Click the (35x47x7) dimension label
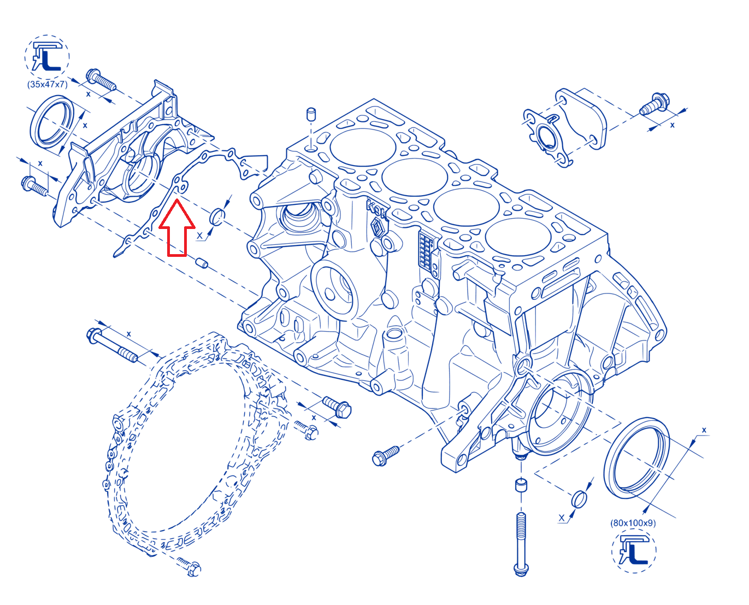coord(47,84)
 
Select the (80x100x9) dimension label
coord(633,523)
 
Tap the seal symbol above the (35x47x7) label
coord(47,57)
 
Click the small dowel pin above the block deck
coord(310,115)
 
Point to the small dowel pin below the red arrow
coord(202,263)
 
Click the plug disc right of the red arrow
coord(217,216)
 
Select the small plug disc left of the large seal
coord(579,500)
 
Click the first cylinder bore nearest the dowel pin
coord(363,147)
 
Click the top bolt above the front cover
coord(101,79)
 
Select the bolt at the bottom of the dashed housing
coord(189,567)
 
